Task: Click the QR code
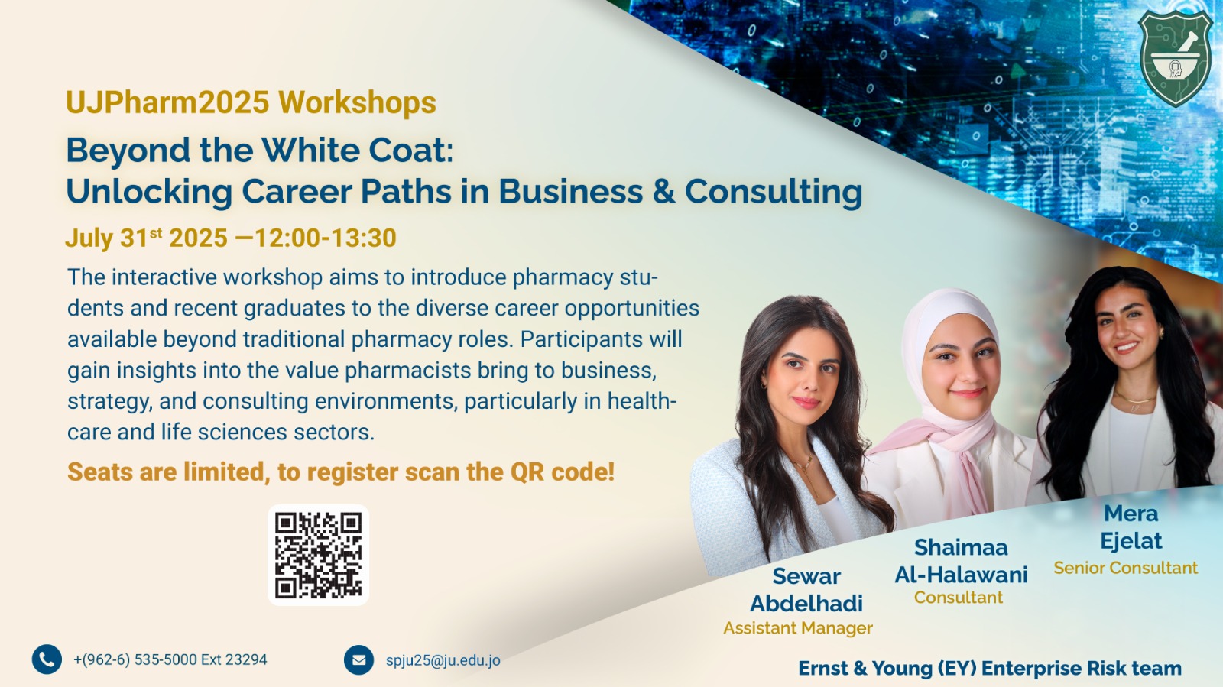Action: click(x=318, y=555)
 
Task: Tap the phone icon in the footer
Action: click(x=47, y=659)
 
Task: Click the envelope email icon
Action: click(x=358, y=659)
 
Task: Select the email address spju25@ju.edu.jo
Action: click(x=443, y=660)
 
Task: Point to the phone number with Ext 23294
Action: click(x=170, y=659)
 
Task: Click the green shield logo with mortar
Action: click(x=1175, y=58)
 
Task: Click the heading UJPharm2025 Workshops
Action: click(x=251, y=102)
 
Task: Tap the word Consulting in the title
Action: click(x=774, y=192)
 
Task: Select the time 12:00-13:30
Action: click(x=326, y=238)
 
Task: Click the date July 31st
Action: click(x=114, y=238)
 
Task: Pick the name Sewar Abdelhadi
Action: click(x=806, y=590)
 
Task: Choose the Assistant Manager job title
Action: click(x=798, y=628)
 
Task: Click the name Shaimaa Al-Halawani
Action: click(x=961, y=561)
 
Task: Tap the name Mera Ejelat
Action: click(x=1131, y=527)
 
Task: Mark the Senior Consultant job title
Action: click(x=1126, y=568)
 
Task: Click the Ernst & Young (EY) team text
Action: click(x=990, y=669)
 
